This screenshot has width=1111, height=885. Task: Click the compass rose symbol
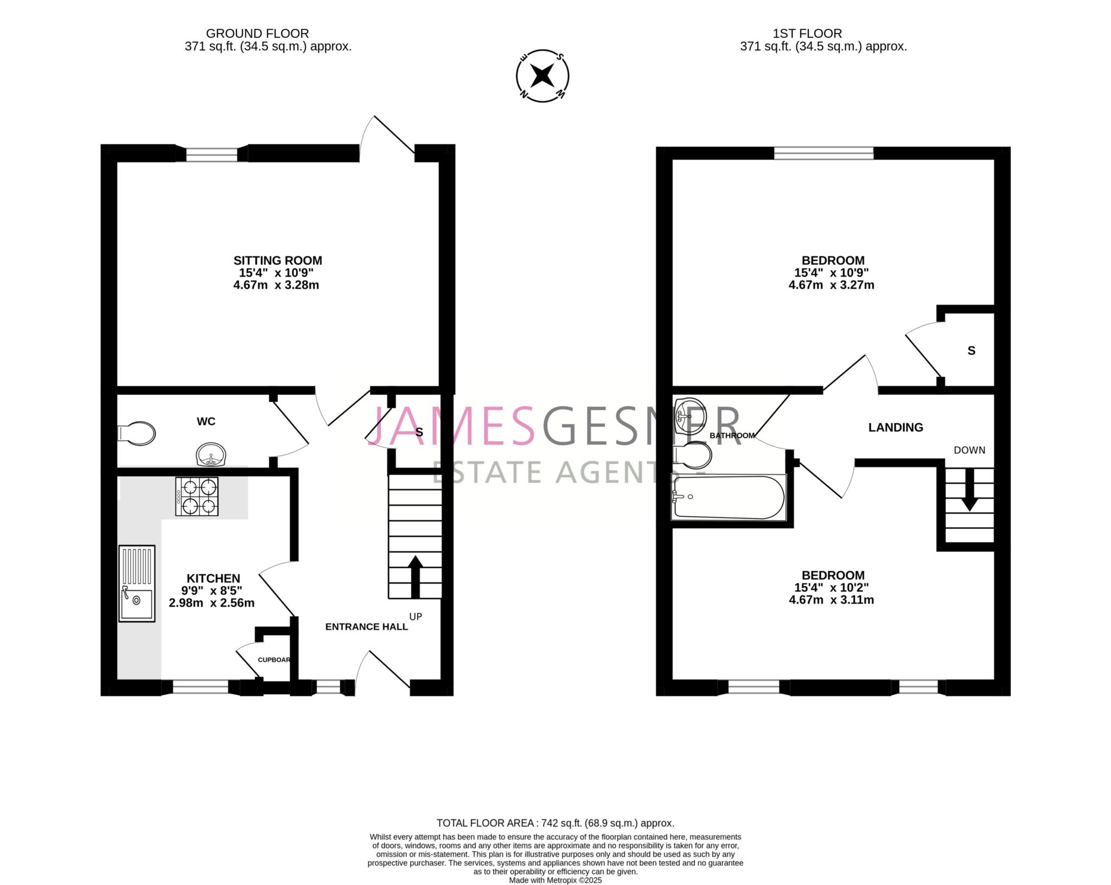[542, 75]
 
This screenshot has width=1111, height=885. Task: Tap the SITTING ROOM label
[278, 260]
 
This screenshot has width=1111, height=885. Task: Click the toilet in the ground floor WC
[137, 433]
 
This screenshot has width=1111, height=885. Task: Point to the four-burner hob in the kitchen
[197, 496]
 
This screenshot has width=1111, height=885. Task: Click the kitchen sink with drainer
[137, 583]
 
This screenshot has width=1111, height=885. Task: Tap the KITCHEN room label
[213, 579]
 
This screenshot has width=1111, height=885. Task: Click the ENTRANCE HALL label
[366, 627]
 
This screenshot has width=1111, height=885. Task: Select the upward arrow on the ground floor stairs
[416, 576]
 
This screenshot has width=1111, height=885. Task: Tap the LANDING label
[896, 427]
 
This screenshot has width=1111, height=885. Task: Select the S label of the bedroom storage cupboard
[972, 351]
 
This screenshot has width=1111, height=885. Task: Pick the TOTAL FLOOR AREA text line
[555, 823]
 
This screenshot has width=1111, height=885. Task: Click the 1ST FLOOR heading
[807, 34]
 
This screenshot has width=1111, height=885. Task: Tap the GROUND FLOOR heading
[257, 34]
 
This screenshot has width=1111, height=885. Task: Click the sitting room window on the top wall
[212, 154]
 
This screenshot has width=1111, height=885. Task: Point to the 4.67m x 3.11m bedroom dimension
[831, 600]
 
